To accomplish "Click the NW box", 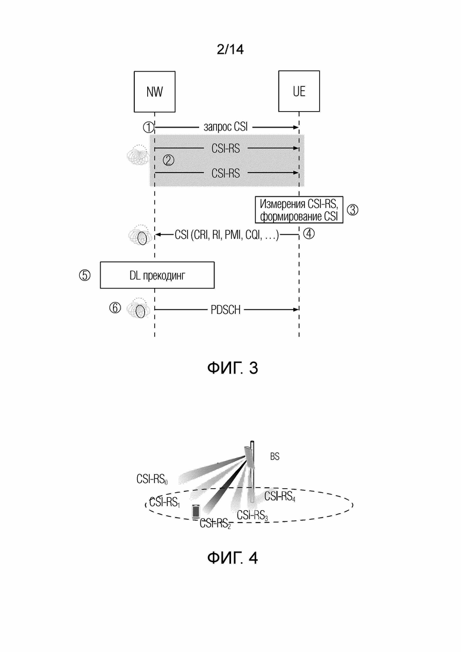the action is pyautogui.click(x=155, y=92).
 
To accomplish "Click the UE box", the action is pyautogui.click(x=299, y=92).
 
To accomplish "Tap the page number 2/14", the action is pyautogui.click(x=230, y=50).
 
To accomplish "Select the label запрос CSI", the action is pyautogui.click(x=225, y=127).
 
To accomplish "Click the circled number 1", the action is pyautogui.click(x=148, y=127).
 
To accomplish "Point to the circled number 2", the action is pyautogui.click(x=168, y=160).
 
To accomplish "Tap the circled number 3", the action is pyautogui.click(x=352, y=210).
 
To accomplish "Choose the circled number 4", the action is pyautogui.click(x=309, y=233).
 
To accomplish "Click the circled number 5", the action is pyautogui.click(x=85, y=275).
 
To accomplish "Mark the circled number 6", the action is pyautogui.click(x=115, y=308).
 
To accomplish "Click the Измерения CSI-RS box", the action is pyautogui.click(x=299, y=210).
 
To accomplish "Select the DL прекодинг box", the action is pyautogui.click(x=157, y=275).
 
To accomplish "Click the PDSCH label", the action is pyautogui.click(x=226, y=310).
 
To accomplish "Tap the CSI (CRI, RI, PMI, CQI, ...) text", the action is pyautogui.click(x=226, y=235).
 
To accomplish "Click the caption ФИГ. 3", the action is pyautogui.click(x=232, y=368).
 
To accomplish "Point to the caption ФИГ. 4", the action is pyautogui.click(x=232, y=557).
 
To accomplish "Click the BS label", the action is pyautogui.click(x=275, y=456).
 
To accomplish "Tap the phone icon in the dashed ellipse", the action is pyautogui.click(x=196, y=511).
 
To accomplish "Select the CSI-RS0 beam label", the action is pyautogui.click(x=152, y=479).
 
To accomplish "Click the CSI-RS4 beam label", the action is pyautogui.click(x=280, y=497).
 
